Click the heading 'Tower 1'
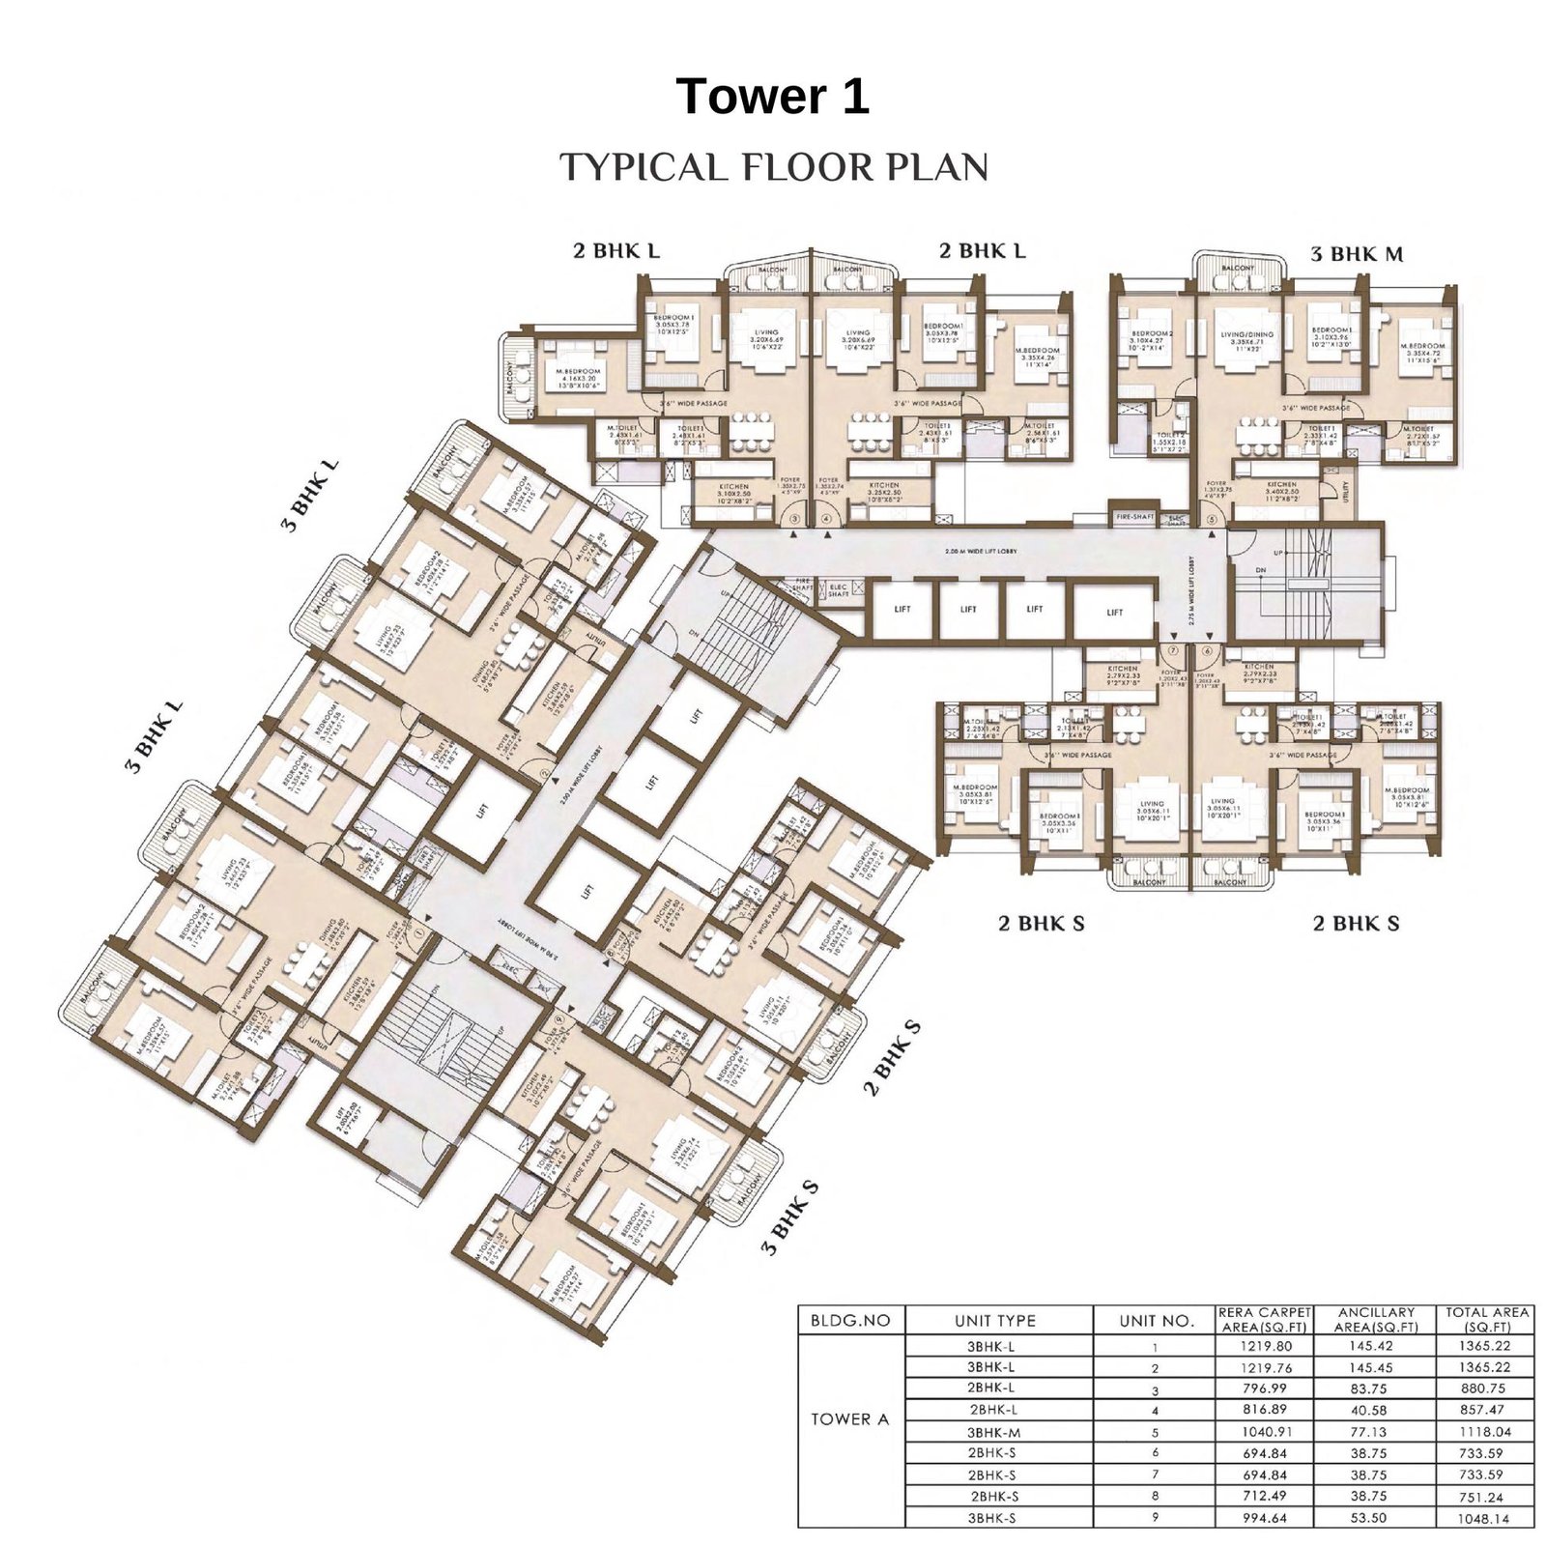click(x=772, y=97)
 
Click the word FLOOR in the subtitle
click(x=801, y=167)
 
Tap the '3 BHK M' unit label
click(x=1357, y=254)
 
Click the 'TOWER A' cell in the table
click(x=850, y=1419)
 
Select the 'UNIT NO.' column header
click(x=1156, y=1320)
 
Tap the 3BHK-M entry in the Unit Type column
click(x=995, y=1432)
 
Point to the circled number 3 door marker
click(x=794, y=519)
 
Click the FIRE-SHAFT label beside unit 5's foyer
click(x=1134, y=517)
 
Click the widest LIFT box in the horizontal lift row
click(x=1115, y=612)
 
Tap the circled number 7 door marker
click(x=1173, y=650)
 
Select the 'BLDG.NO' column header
click(x=850, y=1320)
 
